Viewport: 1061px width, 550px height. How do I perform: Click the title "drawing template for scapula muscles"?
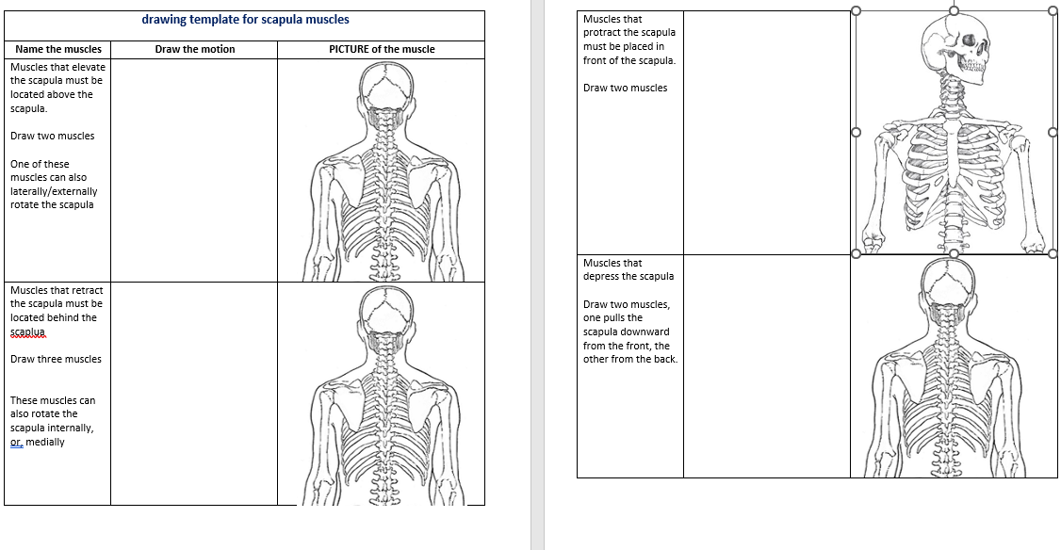pos(245,19)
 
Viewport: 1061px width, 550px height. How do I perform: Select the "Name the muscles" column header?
pos(58,49)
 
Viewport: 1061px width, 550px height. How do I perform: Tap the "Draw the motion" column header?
pos(194,49)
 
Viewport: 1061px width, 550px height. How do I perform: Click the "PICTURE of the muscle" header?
pos(382,49)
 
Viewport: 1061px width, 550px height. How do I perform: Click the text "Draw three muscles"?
pos(56,359)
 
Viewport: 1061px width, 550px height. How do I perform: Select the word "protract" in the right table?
pos(604,33)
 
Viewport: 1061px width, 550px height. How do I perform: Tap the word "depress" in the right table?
pos(604,277)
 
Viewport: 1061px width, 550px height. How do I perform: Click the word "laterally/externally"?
pos(54,191)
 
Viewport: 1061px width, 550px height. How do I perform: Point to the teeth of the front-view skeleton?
pos(971,67)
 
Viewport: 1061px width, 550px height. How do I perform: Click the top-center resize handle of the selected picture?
pos(954,11)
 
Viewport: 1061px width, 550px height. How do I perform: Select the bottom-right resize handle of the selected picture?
pos(1053,253)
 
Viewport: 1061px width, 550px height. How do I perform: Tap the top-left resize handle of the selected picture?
pos(856,11)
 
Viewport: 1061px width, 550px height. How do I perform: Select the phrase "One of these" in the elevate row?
pos(40,164)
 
